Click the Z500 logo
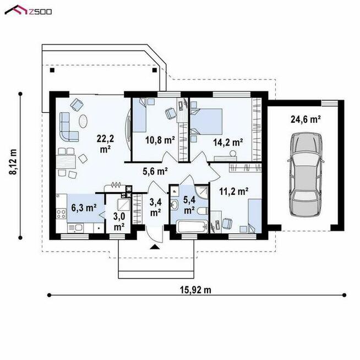pos(28,10)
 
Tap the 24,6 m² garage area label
pos(306,119)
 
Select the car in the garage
pos(306,174)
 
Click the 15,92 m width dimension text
pos(195,290)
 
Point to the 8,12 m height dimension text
pos(13,162)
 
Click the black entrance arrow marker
pos(155,247)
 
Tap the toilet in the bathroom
pos(202,211)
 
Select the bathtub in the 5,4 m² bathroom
pos(192,226)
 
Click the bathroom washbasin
pos(174,205)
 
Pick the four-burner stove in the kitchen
pos(61,214)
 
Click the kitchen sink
pos(75,228)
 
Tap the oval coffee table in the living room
pos(83,121)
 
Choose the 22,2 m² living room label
pos(105,144)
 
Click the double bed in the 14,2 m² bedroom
pos(206,122)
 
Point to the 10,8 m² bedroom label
pos(160,140)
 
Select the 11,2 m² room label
pos(234,191)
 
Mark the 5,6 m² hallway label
pos(155,171)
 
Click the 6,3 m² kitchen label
pos(84,208)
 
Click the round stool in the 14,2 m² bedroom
pos(233,153)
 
